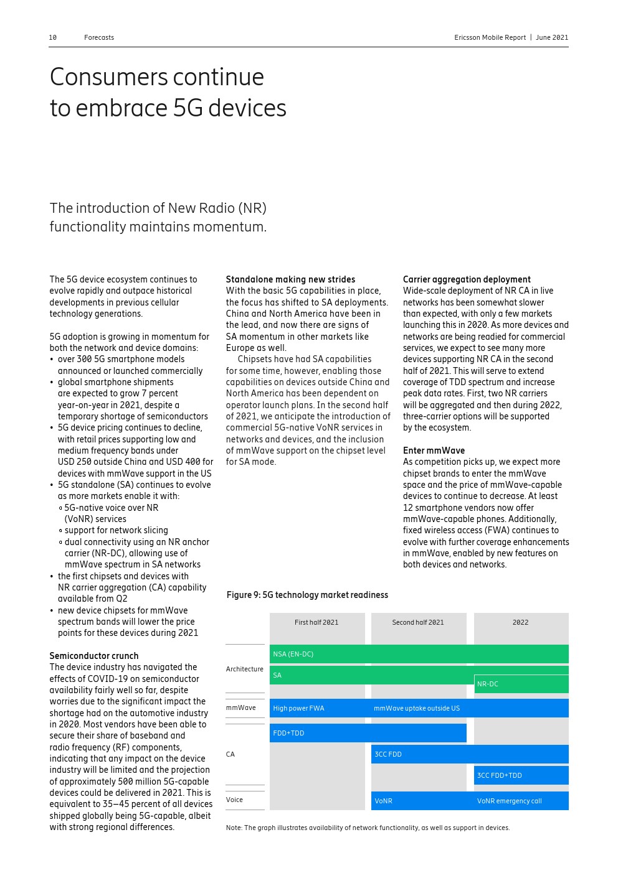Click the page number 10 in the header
coord(53,38)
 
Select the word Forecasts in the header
coord(99,38)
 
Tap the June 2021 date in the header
coord(552,38)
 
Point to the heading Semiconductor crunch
coord(94,656)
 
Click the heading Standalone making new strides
coord(290,279)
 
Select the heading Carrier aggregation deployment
coord(467,279)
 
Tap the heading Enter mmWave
coord(434,451)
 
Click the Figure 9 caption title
coord(307,595)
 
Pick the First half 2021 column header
coord(316,622)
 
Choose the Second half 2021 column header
coord(418,622)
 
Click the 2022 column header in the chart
coord(520,622)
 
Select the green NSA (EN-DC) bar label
coord(293,654)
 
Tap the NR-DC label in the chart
coord(488,684)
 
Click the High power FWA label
coord(298,708)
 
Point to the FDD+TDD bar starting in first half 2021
coord(288,733)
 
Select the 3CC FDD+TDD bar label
coord(500,775)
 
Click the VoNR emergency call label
coord(510,801)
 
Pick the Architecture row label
coord(244,669)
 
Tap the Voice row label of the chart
coord(234,800)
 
